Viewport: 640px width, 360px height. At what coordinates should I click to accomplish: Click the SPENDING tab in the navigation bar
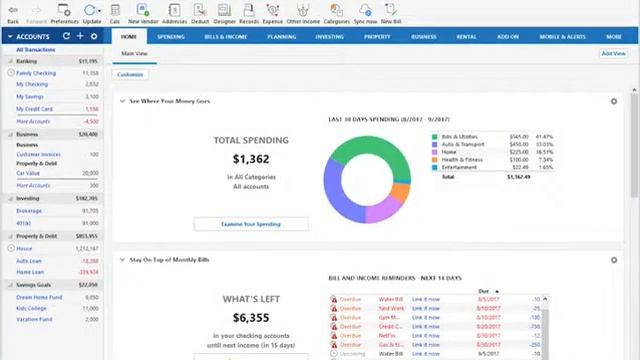171,36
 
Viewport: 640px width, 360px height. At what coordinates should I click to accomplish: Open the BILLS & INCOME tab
225,36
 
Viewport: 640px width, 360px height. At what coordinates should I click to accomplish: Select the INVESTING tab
329,36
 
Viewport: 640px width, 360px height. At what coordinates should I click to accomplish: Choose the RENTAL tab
466,36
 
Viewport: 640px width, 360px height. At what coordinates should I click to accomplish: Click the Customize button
130,74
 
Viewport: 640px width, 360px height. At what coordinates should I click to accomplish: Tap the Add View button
612,53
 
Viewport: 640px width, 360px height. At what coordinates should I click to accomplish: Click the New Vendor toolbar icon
140,12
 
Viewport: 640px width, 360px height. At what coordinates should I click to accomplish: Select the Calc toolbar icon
115,12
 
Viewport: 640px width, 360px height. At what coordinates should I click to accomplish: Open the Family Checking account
36,73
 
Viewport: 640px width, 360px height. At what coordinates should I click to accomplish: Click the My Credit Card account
34,109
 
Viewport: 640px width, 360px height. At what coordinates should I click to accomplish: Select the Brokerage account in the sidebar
29,211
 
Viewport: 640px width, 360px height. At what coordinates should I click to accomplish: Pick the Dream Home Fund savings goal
40,297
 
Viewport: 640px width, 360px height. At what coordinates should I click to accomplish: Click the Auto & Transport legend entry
461,144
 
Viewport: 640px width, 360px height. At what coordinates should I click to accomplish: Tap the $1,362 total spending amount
251,159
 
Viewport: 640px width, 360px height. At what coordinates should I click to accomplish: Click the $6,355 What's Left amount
251,318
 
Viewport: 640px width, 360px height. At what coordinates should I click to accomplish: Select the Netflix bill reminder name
387,335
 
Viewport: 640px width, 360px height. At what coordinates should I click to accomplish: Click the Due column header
485,291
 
